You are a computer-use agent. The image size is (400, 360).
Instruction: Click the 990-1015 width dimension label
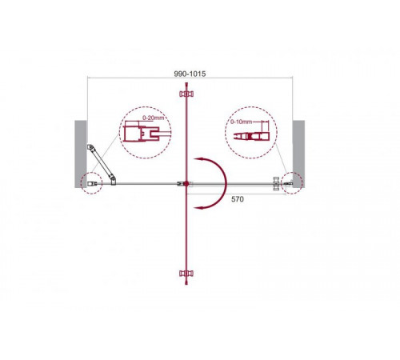point(190,74)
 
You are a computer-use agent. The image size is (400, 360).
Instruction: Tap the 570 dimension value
point(238,199)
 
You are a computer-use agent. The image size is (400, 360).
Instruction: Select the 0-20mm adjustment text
point(154,118)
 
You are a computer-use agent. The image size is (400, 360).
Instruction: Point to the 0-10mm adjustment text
point(241,122)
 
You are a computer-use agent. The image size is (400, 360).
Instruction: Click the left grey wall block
point(81,154)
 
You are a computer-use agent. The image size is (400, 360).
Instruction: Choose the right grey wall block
point(298,154)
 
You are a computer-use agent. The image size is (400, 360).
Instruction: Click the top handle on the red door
point(186,94)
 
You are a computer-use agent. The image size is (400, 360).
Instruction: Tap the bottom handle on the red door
point(186,274)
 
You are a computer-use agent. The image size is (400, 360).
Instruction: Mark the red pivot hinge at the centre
point(186,183)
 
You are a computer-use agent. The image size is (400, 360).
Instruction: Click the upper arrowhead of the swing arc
point(198,159)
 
